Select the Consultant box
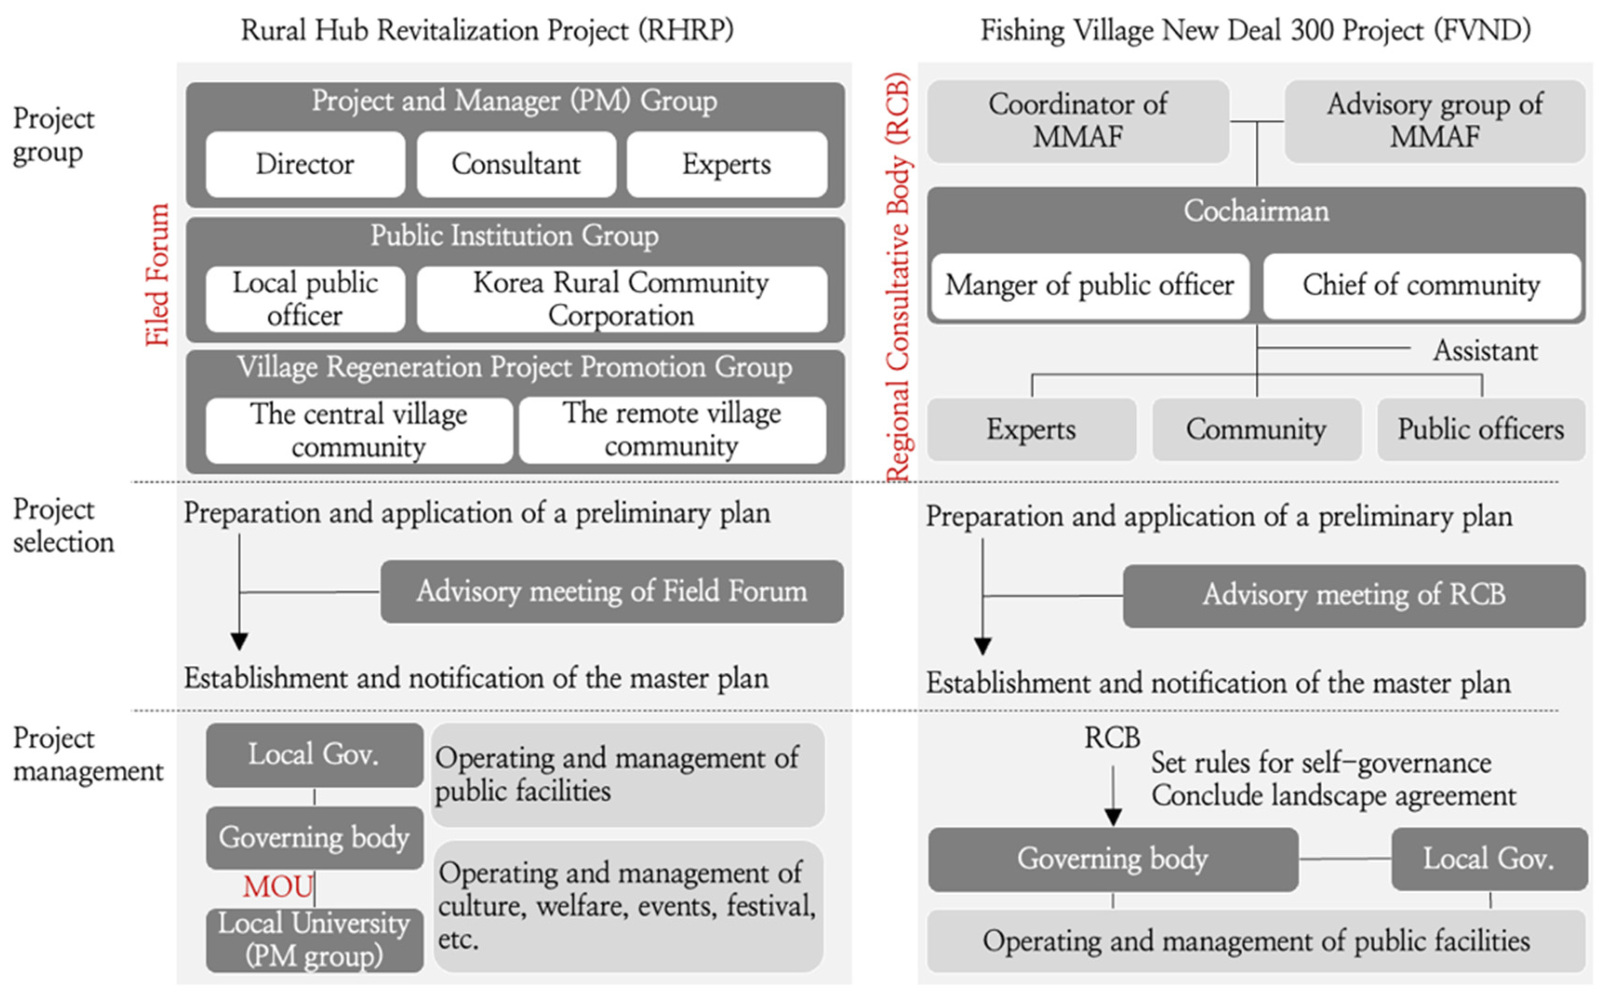516,164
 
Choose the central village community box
359,430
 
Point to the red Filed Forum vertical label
158,274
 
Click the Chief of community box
1421,285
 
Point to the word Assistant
1485,351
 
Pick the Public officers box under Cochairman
1480,430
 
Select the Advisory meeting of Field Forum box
611,591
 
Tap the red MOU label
277,886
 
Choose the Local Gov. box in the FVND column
1488,858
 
